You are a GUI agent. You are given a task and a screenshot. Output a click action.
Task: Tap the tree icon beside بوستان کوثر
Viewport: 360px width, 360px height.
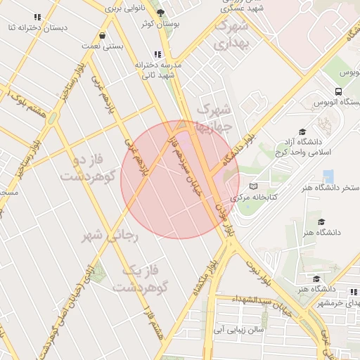pos(160,13)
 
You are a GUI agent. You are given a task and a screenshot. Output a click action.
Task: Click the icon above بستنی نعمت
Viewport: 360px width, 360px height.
pos(103,34)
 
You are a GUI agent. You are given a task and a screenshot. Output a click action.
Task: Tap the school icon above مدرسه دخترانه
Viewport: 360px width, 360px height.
pos(158,54)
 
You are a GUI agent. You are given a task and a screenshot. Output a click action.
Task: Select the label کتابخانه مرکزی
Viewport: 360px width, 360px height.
pos(270,198)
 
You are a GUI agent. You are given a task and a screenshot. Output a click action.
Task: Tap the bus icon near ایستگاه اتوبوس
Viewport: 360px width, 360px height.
pos(339,92)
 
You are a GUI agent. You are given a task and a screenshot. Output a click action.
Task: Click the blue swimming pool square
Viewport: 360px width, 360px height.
pos(328,176)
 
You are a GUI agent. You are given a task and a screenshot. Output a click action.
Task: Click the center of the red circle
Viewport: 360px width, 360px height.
pos(180,180)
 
